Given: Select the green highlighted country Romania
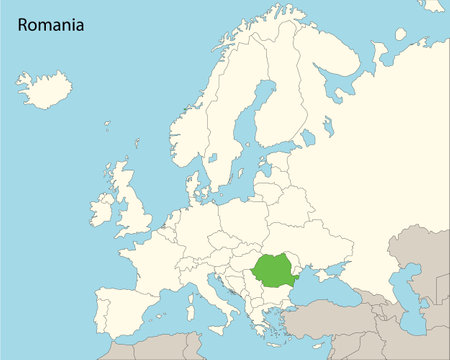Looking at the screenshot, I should click(280, 270).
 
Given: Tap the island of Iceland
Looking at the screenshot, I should click(44, 89).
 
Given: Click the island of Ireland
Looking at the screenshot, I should click(102, 210).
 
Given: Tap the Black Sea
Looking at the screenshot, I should click(330, 287).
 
